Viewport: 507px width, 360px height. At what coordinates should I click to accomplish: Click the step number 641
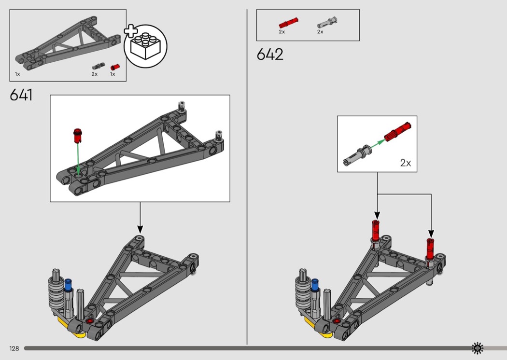21,95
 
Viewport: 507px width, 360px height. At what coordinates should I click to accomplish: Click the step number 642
270,55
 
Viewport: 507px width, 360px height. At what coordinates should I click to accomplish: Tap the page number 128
14,348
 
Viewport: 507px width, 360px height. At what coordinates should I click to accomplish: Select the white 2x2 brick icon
145,46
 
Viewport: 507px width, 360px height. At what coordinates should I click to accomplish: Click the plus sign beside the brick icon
131,31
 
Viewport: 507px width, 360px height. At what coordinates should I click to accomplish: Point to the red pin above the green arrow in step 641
78,136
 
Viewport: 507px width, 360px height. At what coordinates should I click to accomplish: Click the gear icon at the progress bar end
477,348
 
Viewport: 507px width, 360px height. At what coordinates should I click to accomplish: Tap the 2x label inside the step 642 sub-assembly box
406,163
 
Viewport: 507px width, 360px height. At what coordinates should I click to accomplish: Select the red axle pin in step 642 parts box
288,23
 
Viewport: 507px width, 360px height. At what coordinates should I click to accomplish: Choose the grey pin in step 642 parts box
327,22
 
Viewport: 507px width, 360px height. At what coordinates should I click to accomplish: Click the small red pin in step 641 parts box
115,67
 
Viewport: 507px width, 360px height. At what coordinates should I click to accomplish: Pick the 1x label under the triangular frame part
17,74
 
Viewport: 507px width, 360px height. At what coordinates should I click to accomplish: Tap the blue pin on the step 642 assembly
315,285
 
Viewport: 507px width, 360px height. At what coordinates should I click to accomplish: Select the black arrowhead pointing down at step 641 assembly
140,229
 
